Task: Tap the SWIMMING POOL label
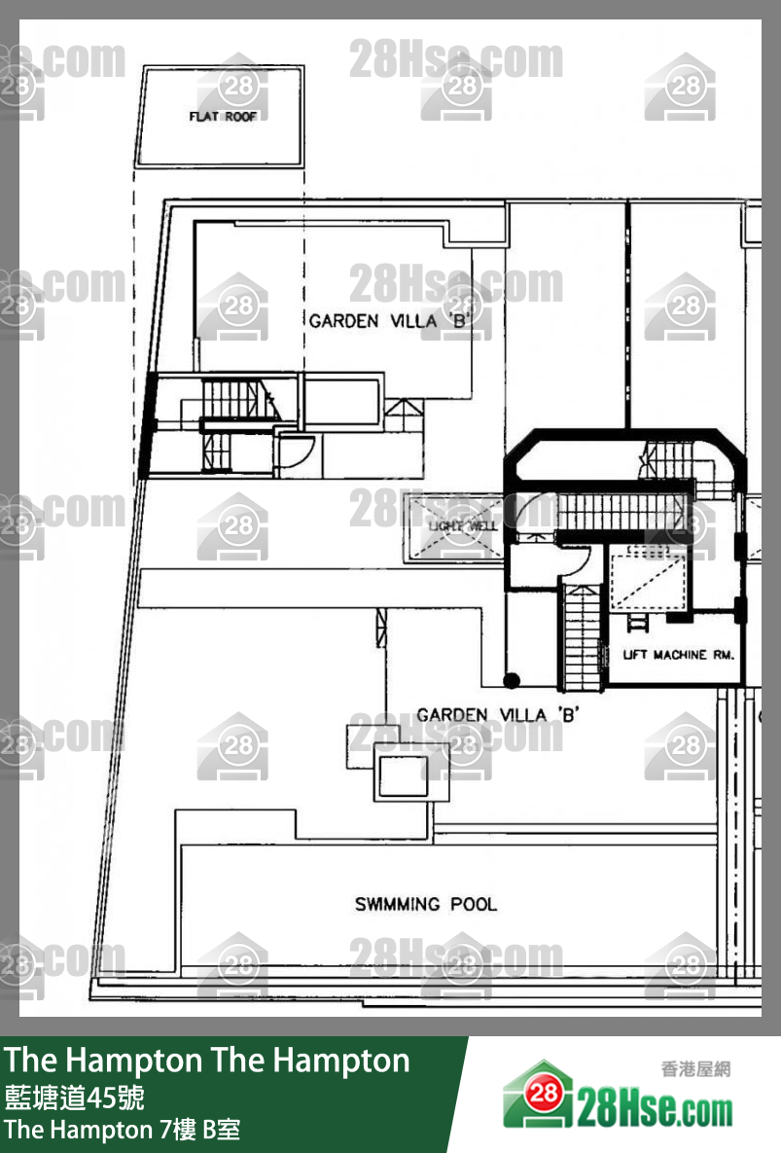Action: point(425,904)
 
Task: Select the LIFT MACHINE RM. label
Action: point(678,655)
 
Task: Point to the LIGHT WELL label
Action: point(462,525)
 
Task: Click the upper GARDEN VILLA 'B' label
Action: point(387,320)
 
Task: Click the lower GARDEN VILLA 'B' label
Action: point(498,715)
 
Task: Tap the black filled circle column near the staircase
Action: point(513,680)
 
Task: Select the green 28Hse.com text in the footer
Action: point(654,1109)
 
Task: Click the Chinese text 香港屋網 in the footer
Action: point(695,1069)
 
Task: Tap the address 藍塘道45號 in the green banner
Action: point(75,1099)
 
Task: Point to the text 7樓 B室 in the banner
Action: point(200,1130)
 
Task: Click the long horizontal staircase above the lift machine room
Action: point(620,511)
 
